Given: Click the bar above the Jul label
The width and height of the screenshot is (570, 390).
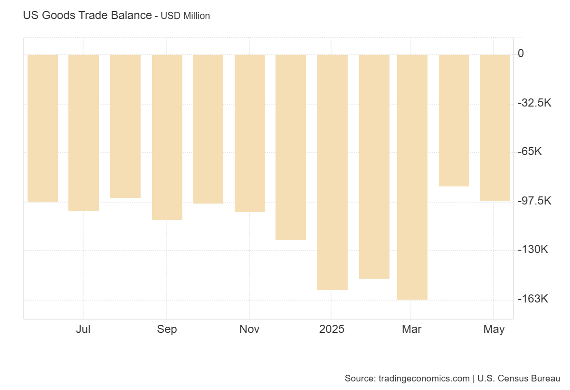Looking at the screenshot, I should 84,133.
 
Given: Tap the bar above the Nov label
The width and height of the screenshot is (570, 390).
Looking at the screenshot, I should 250,133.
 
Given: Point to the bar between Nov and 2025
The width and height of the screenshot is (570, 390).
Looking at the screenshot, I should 291,147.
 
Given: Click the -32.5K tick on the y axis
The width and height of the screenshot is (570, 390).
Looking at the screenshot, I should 534,103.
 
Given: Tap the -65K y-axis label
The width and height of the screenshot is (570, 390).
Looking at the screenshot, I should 530,152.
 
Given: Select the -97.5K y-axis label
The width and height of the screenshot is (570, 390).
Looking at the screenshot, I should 534,201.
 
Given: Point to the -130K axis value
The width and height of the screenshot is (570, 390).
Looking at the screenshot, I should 532,250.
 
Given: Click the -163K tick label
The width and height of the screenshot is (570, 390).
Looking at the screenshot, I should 532,299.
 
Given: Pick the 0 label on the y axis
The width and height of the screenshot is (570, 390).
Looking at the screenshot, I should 521,53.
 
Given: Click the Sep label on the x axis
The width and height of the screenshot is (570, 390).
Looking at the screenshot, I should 167,329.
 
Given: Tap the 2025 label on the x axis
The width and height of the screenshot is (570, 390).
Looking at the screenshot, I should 332,329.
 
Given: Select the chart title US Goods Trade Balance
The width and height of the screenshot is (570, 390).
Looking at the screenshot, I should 87,15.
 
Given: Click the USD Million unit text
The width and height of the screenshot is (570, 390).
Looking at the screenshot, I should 185,16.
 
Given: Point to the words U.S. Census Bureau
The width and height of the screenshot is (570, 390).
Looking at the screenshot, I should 519,379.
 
